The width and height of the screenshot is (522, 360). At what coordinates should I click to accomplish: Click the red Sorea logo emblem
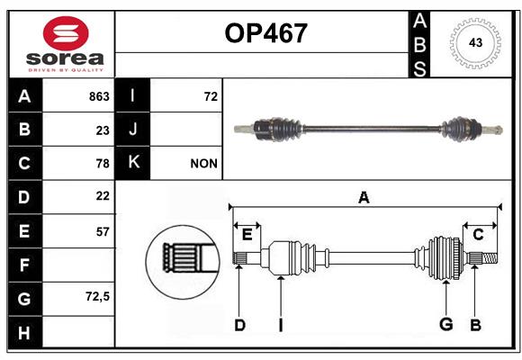66,33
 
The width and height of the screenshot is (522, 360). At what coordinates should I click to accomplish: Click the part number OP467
265,33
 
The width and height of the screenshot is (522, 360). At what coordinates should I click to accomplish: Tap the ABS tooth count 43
475,42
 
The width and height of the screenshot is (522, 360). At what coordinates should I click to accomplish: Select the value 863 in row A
99,96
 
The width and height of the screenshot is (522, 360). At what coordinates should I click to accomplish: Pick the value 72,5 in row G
97,296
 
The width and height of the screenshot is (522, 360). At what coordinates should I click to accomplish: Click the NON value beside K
203,164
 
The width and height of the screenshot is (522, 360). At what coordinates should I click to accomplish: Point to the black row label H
25,332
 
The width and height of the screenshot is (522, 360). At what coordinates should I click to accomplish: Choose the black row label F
25,265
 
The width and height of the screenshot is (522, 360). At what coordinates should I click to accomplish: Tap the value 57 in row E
103,231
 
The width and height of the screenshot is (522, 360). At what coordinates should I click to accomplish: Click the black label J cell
132,130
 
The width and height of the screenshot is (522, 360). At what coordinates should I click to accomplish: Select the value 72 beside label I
211,96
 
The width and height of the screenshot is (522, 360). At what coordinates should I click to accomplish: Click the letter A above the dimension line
364,198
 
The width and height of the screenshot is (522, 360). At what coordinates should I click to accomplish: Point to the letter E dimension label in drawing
247,235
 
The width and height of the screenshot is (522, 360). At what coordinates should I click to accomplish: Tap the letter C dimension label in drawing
478,235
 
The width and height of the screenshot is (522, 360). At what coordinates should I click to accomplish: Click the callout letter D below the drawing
239,325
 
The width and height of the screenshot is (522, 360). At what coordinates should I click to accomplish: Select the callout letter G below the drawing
446,324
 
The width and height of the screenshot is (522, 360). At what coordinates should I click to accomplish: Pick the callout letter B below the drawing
475,325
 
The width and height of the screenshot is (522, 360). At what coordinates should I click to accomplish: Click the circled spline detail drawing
183,262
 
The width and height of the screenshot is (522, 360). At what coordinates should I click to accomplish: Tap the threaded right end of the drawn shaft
490,258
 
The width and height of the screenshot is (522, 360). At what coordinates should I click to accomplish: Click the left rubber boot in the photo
283,130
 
